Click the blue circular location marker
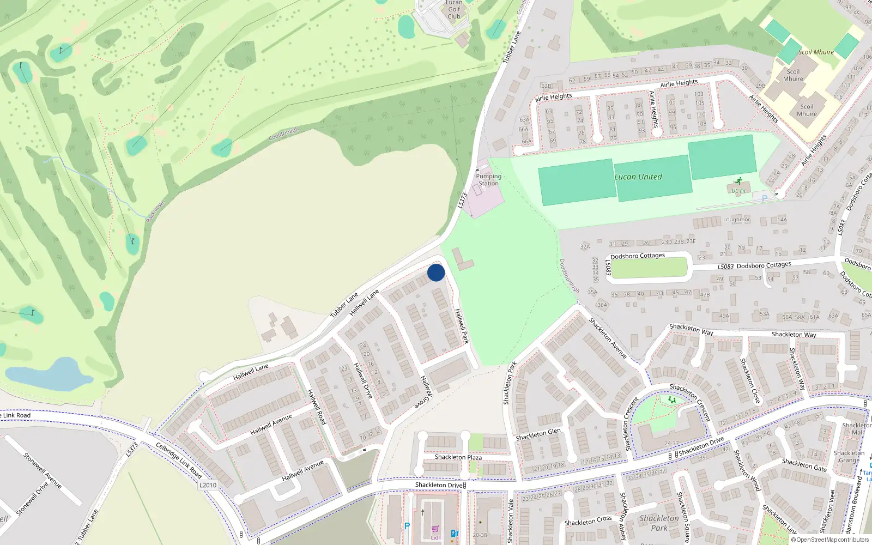pyautogui.click(x=436, y=272)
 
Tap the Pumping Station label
pyautogui.click(x=488, y=180)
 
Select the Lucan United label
pyautogui.click(x=638, y=177)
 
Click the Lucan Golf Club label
pyautogui.click(x=454, y=10)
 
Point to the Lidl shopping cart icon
pyautogui.click(x=435, y=529)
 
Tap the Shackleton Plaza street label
pyautogui.click(x=458, y=457)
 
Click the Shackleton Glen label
pyautogui.click(x=538, y=434)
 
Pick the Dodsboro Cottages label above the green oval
pyautogui.click(x=638, y=256)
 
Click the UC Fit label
pyautogui.click(x=739, y=191)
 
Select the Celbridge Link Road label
pyautogui.click(x=179, y=461)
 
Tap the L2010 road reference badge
pyautogui.click(x=208, y=485)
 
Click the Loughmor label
pyautogui.click(x=736, y=220)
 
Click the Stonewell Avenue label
pyautogui.click(x=43, y=470)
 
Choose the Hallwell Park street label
pyautogui.click(x=462, y=326)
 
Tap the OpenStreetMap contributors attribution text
pyautogui.click(x=829, y=540)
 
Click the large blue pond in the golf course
pyautogui.click(x=49, y=374)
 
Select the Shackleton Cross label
pyautogui.click(x=588, y=521)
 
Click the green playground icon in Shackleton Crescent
pyautogui.click(x=672, y=399)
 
